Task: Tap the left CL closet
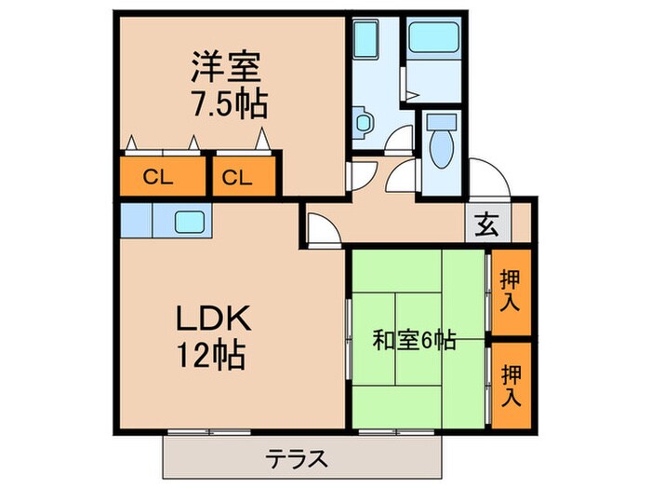tap(162, 176)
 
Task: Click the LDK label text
tap(213, 319)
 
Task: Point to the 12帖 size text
tap(213, 355)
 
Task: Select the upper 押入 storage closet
tap(511, 292)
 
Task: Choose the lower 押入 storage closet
tap(511, 385)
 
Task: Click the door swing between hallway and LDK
tap(321, 230)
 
